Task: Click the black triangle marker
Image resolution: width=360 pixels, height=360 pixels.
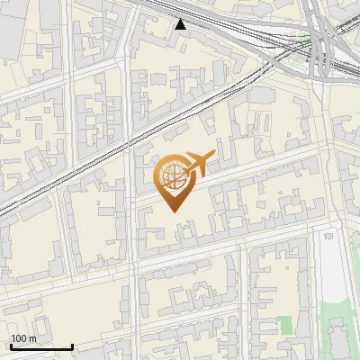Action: [x=182, y=24]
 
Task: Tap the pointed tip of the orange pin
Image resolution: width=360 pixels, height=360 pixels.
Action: [x=173, y=210]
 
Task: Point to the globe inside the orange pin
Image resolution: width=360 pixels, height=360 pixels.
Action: [x=171, y=177]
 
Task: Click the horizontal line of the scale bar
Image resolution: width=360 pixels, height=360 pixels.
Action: [x=41, y=347]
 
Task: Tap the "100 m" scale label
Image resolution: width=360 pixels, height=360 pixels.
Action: [x=23, y=338]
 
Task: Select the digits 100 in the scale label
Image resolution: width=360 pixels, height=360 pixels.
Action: [x=19, y=338]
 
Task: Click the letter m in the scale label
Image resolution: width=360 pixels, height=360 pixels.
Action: [x=32, y=339]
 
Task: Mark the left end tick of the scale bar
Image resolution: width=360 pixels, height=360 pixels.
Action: [x=11, y=346]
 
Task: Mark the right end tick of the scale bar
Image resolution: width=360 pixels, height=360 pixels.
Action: [x=72, y=346]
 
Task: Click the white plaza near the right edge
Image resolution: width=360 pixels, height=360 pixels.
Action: [x=333, y=270]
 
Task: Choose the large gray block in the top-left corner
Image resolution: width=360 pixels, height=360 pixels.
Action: [x=13, y=22]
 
